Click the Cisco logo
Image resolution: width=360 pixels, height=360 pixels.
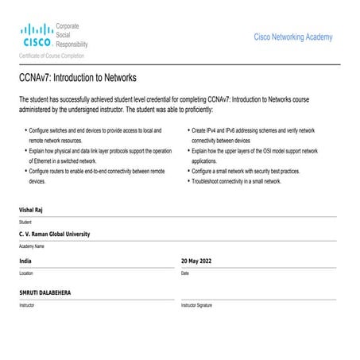(x=36, y=36)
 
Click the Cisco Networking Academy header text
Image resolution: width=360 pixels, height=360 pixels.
(x=292, y=37)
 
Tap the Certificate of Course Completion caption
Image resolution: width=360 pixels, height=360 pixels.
(x=52, y=56)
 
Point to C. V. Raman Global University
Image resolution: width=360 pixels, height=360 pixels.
(x=55, y=234)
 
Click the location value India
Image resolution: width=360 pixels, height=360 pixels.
(x=26, y=261)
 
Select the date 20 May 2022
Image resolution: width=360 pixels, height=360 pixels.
(x=196, y=261)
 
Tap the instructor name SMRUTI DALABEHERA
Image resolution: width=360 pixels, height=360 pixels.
(x=45, y=292)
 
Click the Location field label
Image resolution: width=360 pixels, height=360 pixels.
(x=26, y=273)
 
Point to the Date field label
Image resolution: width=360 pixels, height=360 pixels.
(x=185, y=273)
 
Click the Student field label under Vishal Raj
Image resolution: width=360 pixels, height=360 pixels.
(x=25, y=222)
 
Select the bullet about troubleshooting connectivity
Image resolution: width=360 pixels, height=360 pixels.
(x=237, y=181)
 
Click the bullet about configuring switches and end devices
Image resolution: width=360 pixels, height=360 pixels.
(x=95, y=134)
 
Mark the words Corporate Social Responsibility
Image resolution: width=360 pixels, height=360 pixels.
(x=72, y=37)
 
